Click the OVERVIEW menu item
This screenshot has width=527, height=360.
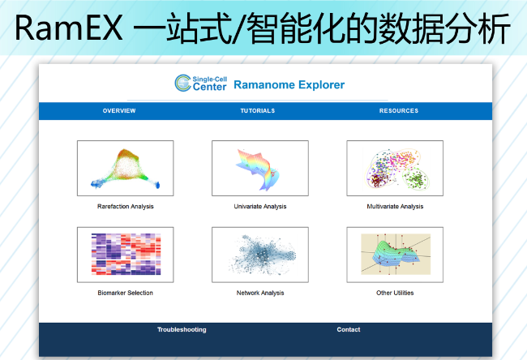[119, 110]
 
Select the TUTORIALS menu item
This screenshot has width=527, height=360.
[258, 110]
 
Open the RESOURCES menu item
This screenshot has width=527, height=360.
[399, 110]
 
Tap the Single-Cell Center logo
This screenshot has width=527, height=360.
[200, 83]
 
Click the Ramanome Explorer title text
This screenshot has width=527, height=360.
[289, 84]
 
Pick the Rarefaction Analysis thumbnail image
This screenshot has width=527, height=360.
[126, 168]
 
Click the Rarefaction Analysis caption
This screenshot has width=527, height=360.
[126, 207]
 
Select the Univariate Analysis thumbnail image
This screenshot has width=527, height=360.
[260, 168]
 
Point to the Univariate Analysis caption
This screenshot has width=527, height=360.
[260, 207]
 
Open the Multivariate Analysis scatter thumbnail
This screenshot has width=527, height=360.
[395, 168]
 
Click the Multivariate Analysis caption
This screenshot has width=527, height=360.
[395, 207]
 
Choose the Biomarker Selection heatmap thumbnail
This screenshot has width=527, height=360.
[126, 255]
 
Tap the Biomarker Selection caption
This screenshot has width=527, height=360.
[126, 293]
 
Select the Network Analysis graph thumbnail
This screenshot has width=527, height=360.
[260, 255]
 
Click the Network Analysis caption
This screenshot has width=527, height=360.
[260, 293]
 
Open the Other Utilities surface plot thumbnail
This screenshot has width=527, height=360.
[395, 255]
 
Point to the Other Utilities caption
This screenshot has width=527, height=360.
[395, 293]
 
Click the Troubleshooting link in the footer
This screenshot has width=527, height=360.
[182, 330]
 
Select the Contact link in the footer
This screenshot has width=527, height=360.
[349, 330]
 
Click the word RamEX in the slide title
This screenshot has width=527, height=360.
[69, 28]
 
